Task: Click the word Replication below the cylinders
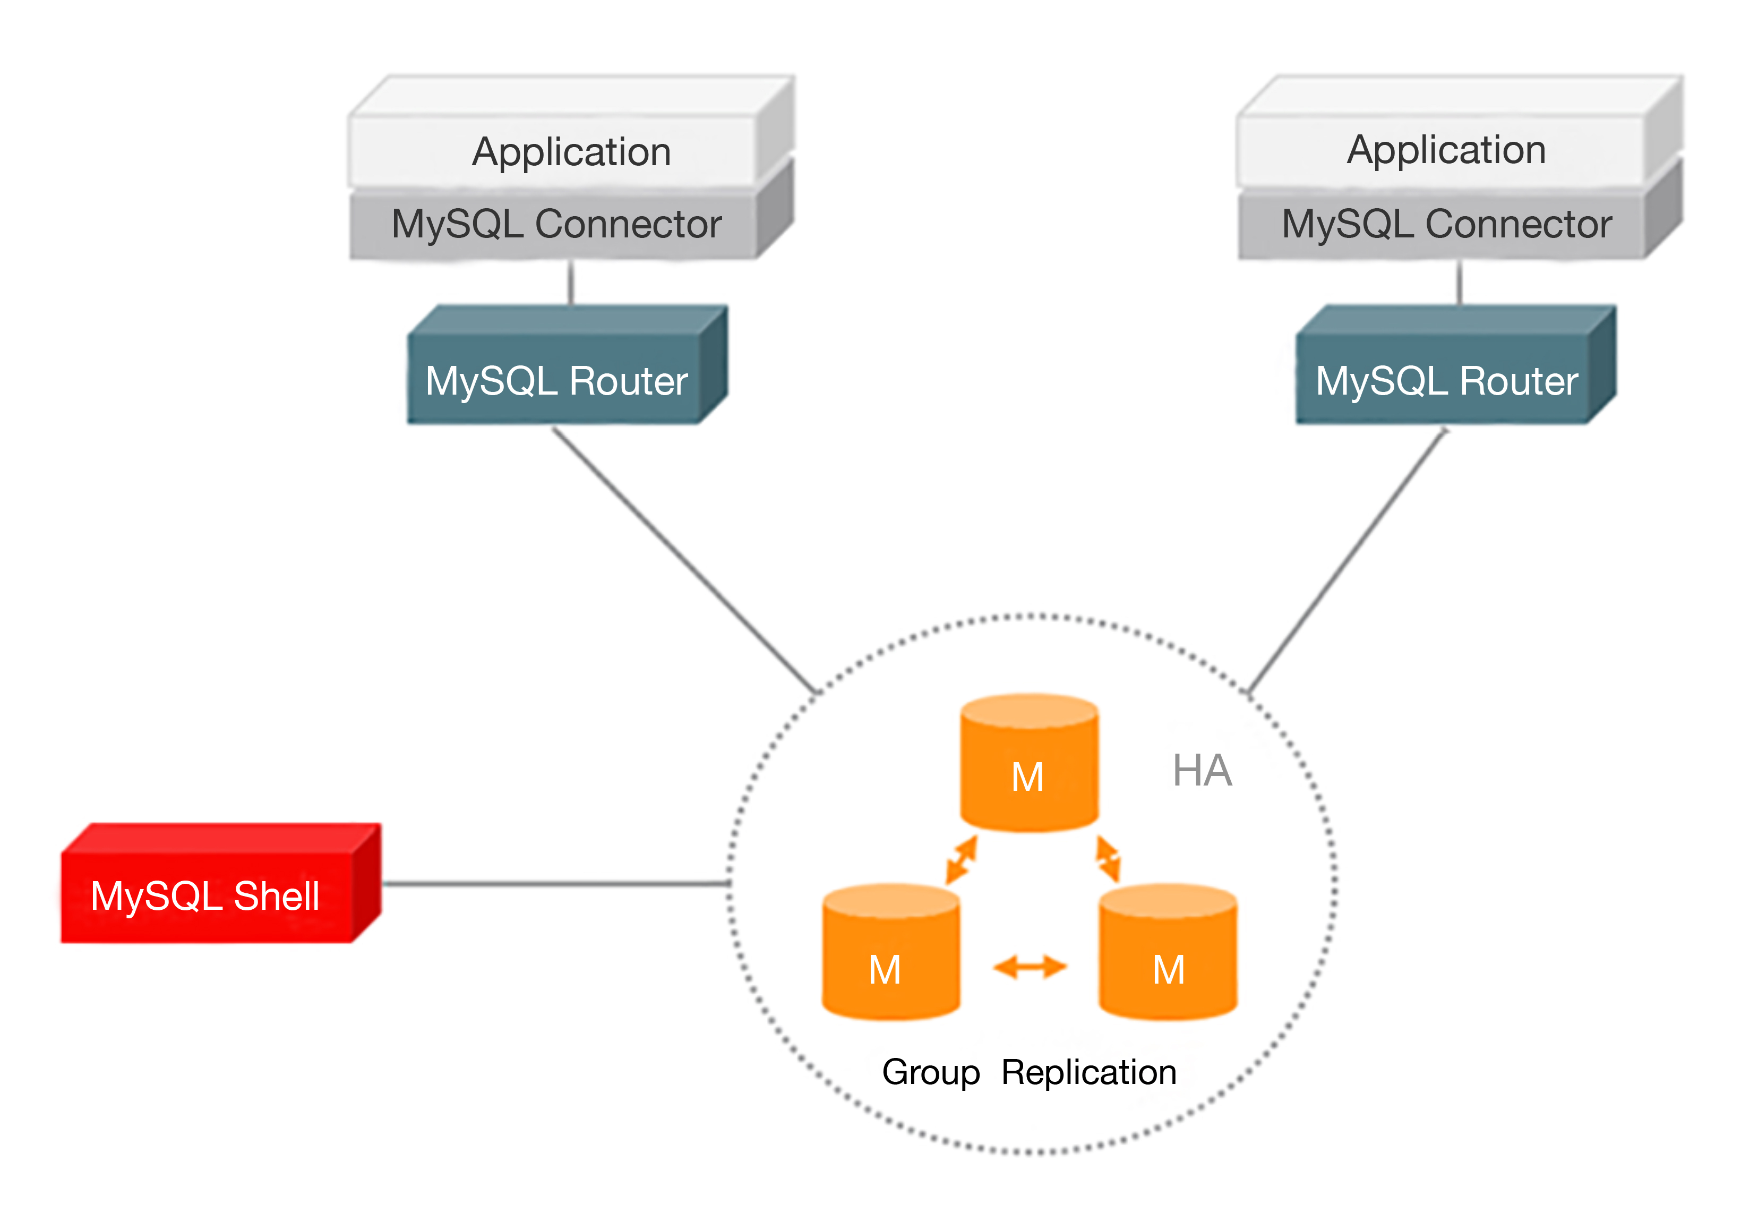(1088, 1072)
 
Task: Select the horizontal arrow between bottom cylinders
(1030, 967)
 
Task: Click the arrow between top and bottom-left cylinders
(961, 860)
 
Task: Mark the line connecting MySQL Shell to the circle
(554, 884)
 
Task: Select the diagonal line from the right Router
(1348, 562)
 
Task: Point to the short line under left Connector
(571, 283)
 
